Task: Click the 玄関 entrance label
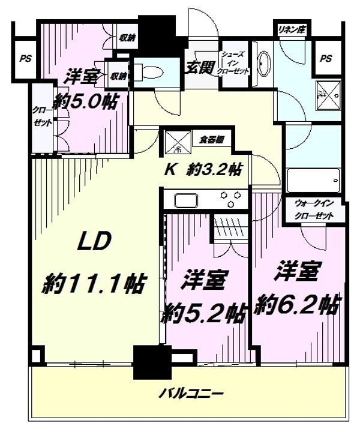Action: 197,65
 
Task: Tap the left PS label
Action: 25,59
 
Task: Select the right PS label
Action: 325,58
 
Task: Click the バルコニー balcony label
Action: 191,394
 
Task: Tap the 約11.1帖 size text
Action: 95,284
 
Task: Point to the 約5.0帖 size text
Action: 83,101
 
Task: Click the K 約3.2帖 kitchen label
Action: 203,170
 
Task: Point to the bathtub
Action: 314,179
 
